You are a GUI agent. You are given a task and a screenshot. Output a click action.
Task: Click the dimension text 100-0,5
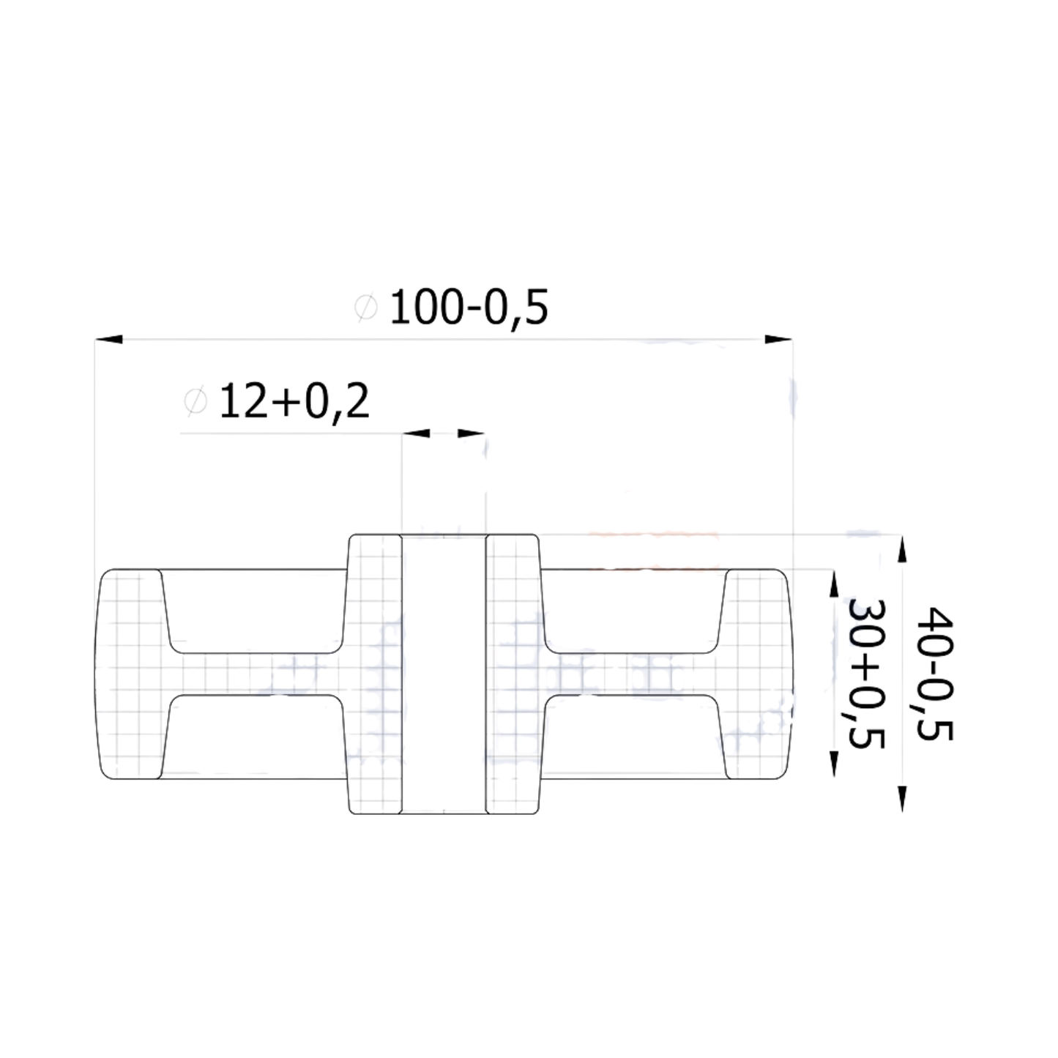coord(469,308)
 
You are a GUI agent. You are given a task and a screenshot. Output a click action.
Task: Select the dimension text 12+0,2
coord(294,402)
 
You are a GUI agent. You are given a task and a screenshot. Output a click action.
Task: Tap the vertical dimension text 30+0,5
coord(865,674)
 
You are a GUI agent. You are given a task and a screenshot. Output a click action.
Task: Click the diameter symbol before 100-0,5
coord(365,308)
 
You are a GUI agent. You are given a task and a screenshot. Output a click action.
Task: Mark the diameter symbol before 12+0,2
coord(195,402)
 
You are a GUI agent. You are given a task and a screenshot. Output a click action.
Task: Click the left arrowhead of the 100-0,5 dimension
coord(109,340)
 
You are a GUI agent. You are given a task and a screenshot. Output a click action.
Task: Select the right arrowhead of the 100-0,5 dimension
coord(778,340)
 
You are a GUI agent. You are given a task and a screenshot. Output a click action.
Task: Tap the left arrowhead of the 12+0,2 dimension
coord(416,433)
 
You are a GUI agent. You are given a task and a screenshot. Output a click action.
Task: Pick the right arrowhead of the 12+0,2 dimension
coord(472,433)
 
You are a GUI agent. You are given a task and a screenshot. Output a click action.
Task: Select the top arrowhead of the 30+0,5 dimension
coord(832,584)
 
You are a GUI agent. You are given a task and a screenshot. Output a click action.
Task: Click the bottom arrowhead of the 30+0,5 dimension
coord(832,764)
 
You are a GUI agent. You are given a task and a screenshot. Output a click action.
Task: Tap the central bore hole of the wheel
coord(444,674)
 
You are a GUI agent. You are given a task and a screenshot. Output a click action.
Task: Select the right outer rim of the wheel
coord(758,674)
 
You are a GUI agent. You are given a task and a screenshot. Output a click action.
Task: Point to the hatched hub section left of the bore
coord(374,674)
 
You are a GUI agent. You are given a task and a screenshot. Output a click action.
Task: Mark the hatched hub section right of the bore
coord(513,674)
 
